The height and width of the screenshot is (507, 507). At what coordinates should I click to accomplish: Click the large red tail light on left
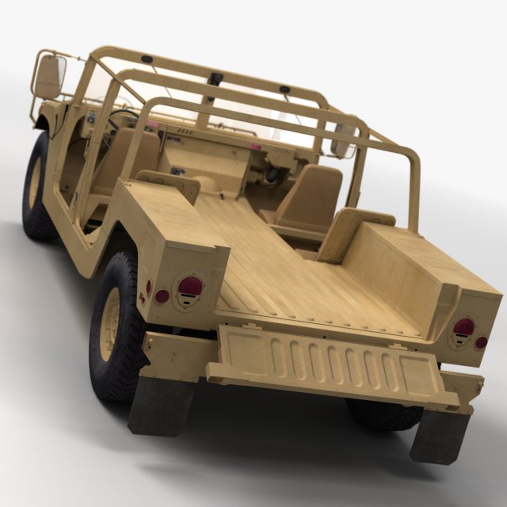click(189, 290)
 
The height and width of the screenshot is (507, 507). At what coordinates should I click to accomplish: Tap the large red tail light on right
click(463, 331)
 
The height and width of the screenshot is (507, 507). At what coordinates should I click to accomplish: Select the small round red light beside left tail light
click(162, 296)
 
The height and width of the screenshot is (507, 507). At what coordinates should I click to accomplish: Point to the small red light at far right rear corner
click(482, 343)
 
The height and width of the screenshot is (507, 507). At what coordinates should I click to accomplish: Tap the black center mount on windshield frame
click(216, 79)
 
